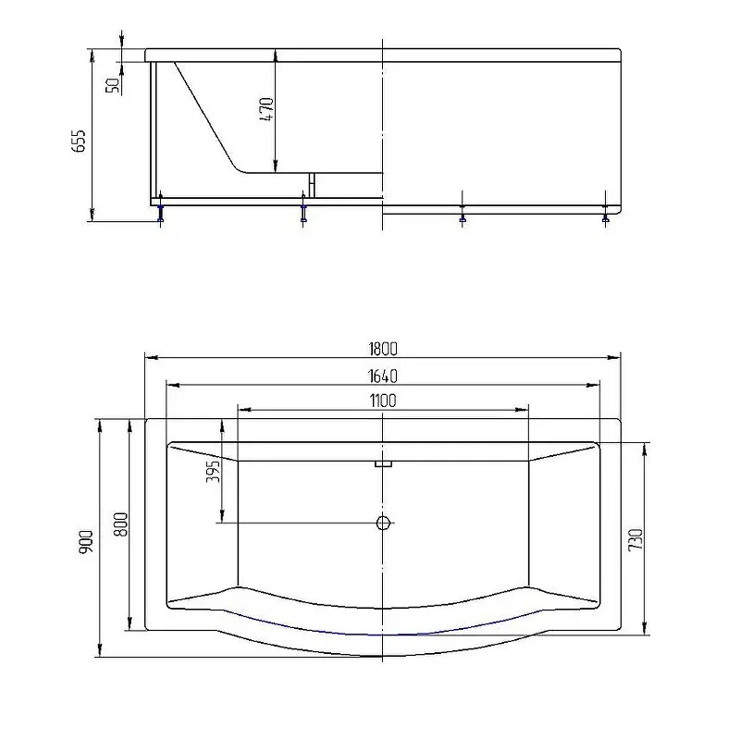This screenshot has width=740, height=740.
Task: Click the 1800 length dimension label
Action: click(383, 349)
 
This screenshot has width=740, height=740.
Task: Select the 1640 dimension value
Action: click(383, 376)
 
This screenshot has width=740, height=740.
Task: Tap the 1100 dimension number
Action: click(383, 401)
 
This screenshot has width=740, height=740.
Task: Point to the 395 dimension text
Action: click(214, 471)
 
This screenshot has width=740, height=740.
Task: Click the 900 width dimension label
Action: click(86, 542)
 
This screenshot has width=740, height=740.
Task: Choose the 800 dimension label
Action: click(121, 524)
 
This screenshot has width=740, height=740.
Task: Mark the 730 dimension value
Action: click(635, 539)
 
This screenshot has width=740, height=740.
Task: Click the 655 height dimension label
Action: click(79, 141)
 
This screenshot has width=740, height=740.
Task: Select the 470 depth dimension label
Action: click(266, 109)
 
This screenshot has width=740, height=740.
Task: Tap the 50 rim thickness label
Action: click(113, 85)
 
